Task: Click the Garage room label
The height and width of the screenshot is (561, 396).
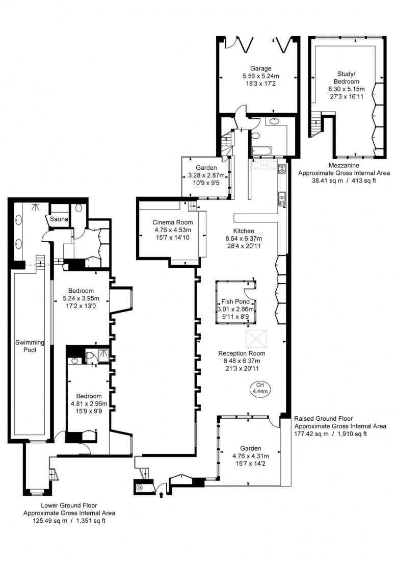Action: click(x=260, y=68)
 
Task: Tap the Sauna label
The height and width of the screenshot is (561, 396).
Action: click(x=59, y=219)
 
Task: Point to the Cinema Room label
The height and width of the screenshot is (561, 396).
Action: click(x=173, y=222)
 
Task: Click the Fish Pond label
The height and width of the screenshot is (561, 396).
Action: click(x=235, y=301)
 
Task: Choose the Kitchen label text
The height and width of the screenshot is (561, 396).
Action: click(x=244, y=231)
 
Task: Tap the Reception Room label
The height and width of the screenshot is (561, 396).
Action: click(x=242, y=353)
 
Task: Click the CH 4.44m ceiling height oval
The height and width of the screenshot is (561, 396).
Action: click(x=260, y=388)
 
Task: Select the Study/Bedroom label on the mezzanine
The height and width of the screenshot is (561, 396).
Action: click(x=347, y=78)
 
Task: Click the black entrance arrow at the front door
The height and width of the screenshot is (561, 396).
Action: click(x=161, y=495)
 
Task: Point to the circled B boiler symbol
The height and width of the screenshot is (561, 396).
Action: click(x=140, y=487)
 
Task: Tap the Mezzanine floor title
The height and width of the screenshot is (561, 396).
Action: click(x=344, y=166)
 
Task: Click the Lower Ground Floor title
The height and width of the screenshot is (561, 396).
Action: click(x=69, y=505)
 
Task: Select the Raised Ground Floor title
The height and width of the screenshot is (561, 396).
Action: click(x=324, y=419)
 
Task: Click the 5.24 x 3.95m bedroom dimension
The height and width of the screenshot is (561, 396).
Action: click(x=81, y=298)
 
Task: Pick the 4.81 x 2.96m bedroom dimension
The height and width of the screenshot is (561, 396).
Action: click(x=89, y=403)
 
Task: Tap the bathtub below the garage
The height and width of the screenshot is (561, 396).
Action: click(x=261, y=150)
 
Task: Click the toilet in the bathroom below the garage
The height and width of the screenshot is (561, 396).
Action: click(x=255, y=136)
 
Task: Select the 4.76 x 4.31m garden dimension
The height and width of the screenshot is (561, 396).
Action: click(x=250, y=456)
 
